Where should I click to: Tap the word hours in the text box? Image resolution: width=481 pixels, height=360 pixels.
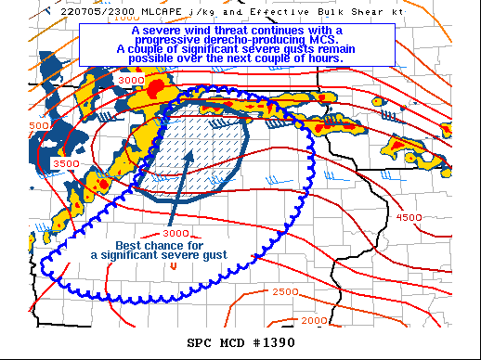pos(324,58)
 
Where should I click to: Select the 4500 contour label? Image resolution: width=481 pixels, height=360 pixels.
pos(409,217)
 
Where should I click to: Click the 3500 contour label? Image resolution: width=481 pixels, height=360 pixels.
pos(66,164)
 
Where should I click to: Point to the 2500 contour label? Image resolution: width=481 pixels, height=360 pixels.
pos(285,292)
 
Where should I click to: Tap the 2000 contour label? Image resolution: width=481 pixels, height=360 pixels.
pos(314,320)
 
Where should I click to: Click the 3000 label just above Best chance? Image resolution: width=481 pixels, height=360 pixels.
pos(175,233)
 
